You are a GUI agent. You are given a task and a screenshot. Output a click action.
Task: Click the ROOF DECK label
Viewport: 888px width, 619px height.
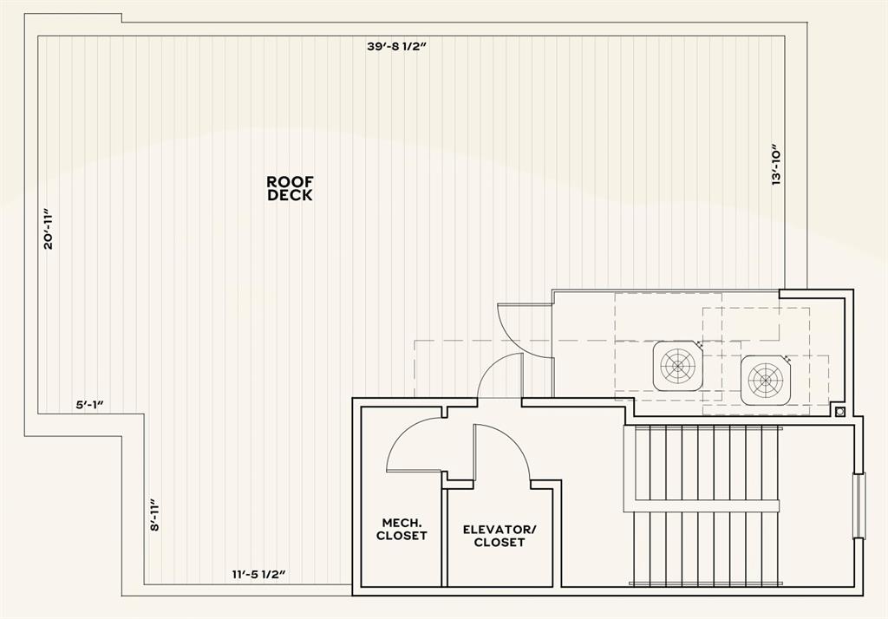(x=290, y=188)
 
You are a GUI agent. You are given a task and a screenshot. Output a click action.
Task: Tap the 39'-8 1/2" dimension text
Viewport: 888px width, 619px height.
(x=397, y=47)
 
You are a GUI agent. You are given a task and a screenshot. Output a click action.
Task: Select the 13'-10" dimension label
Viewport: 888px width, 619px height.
(x=777, y=164)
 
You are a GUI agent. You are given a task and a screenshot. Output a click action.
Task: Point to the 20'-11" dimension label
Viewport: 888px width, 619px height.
(x=49, y=229)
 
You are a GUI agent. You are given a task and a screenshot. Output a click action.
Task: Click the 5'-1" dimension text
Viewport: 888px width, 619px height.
(x=90, y=404)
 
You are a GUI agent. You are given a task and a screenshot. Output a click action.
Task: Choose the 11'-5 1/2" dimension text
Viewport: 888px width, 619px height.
(x=258, y=574)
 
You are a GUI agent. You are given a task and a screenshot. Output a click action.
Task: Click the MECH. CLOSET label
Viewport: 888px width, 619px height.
(x=402, y=529)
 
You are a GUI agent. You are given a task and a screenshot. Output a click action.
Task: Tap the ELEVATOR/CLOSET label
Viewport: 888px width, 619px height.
(x=499, y=536)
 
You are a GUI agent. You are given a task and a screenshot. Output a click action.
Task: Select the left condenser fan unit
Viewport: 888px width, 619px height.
(x=677, y=365)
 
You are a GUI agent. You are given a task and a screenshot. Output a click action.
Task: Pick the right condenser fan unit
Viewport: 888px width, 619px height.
(x=767, y=380)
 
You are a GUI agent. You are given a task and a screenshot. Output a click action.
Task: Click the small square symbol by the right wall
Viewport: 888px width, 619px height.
(x=839, y=411)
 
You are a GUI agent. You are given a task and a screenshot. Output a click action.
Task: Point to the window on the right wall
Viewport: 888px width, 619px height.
(x=859, y=505)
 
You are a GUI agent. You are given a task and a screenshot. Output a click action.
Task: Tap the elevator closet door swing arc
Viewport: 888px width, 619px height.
(x=503, y=451)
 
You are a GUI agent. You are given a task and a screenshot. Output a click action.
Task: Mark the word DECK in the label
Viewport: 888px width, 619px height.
(x=290, y=196)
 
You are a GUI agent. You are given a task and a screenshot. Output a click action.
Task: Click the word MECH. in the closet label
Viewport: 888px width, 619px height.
(x=402, y=523)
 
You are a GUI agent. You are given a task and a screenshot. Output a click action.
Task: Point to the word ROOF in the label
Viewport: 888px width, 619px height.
(x=290, y=181)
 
